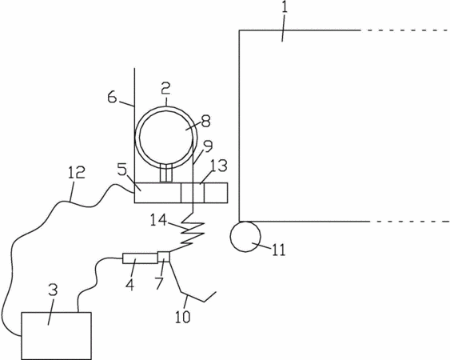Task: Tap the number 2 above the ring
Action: [165, 89]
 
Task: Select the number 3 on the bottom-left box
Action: [53, 290]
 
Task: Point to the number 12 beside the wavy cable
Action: [77, 173]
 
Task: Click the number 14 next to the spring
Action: [159, 221]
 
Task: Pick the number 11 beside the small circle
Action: [279, 250]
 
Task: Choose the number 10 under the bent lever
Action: [182, 317]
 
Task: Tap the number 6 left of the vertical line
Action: [112, 98]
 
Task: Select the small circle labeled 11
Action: [245, 237]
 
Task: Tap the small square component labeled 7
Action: [164, 257]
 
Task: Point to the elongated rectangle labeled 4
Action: [141, 258]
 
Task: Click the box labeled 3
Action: [57, 335]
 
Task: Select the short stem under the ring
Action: [166, 174]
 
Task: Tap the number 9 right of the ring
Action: [208, 146]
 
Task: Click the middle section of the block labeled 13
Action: [193, 193]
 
